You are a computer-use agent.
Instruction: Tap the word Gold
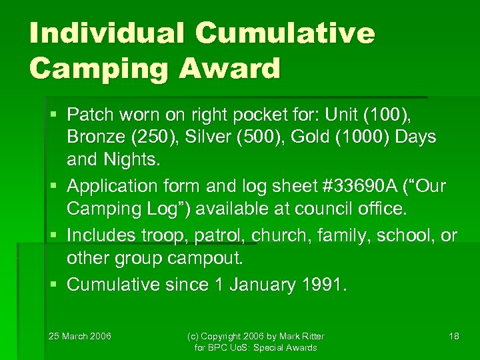coord(329,137)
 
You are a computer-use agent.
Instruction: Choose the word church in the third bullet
coord(267,236)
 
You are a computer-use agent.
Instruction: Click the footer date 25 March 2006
coord(80,335)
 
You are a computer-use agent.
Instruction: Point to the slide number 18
coord(453,335)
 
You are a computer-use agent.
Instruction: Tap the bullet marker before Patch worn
coord(54,115)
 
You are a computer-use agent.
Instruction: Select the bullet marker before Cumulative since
coord(54,285)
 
